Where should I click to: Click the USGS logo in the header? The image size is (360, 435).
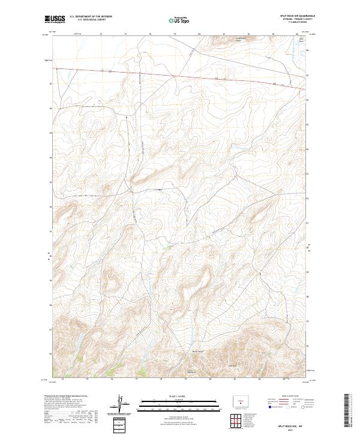(55, 19)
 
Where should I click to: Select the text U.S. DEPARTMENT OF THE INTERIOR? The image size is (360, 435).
(91, 16)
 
